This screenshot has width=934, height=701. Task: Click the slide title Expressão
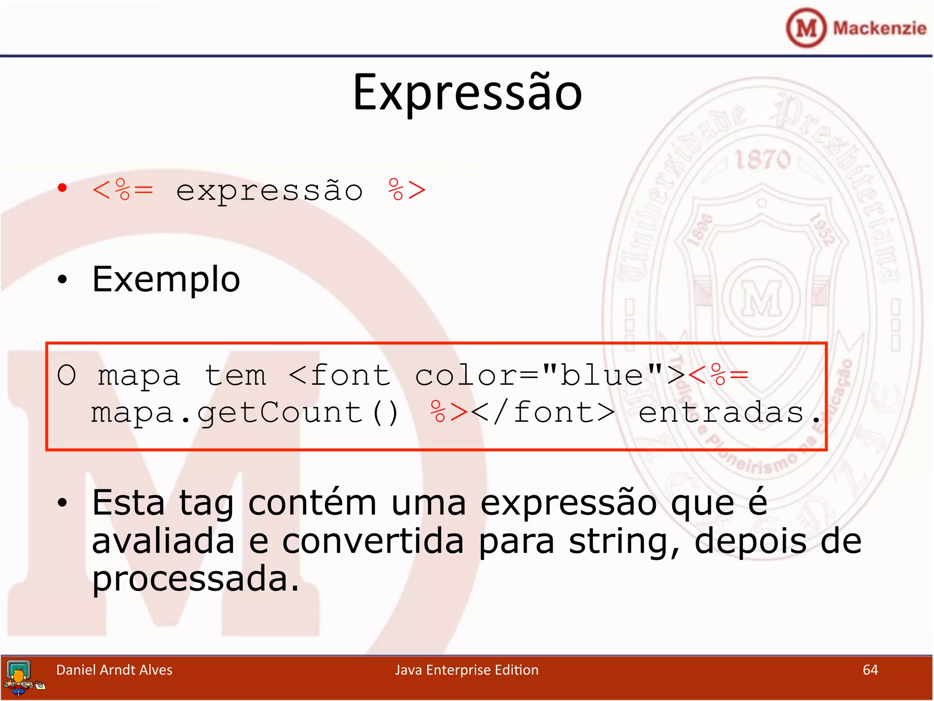coord(467,94)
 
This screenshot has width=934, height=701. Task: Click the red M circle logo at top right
coord(806,28)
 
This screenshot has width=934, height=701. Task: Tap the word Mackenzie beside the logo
coord(879,28)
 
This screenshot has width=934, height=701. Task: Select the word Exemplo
coord(166,279)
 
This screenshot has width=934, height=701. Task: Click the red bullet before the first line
coord(62,188)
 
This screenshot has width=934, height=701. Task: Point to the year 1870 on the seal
coord(762,160)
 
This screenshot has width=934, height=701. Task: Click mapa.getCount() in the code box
coord(245,413)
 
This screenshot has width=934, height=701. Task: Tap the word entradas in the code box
coord(721,413)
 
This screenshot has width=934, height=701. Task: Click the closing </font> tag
coord(543,413)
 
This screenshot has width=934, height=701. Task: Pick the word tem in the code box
coord(235,376)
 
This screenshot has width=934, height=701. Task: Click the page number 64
coord(870,670)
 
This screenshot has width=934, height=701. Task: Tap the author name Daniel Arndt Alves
coord(114,670)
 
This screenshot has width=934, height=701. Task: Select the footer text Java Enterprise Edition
coord(467,670)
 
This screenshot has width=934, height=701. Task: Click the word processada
coord(195,579)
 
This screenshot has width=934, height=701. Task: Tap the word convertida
coord(373,541)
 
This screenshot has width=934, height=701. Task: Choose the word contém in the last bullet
coord(312,503)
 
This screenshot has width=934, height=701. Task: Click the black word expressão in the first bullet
coord(270,191)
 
